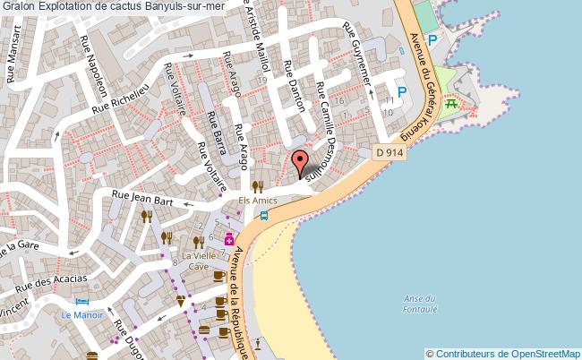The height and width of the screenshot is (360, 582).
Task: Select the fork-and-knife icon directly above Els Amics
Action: click(257, 186)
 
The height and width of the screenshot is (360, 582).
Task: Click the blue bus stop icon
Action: click(277, 215)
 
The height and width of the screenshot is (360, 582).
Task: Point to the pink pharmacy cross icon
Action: click(229, 238)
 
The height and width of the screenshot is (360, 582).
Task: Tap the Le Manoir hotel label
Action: click(82, 315)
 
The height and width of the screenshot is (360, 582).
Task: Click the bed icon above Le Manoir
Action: click(82, 302)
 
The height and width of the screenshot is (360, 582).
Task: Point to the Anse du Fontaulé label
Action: click(419, 304)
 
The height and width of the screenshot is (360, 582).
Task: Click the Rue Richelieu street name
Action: click(118, 96)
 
